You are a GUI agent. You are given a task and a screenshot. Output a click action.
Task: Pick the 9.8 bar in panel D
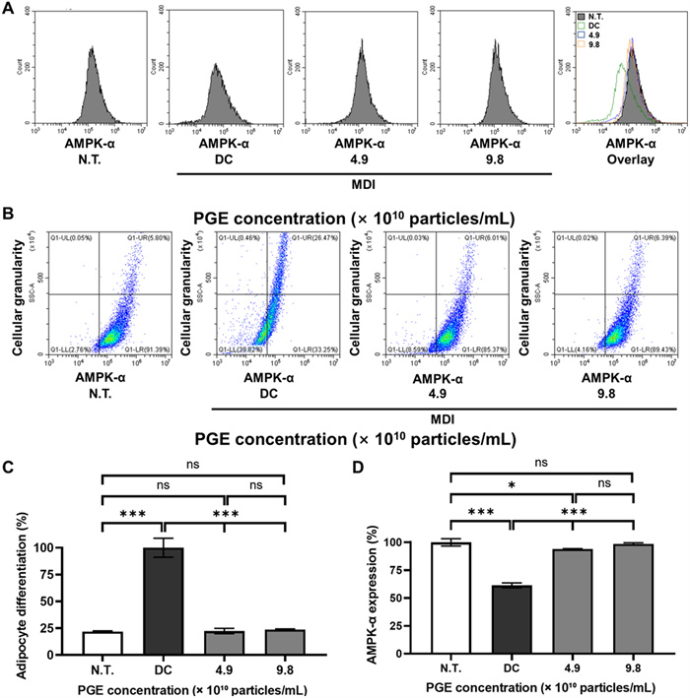point(628,599)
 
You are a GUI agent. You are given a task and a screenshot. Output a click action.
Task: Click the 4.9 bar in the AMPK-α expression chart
point(569,602)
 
